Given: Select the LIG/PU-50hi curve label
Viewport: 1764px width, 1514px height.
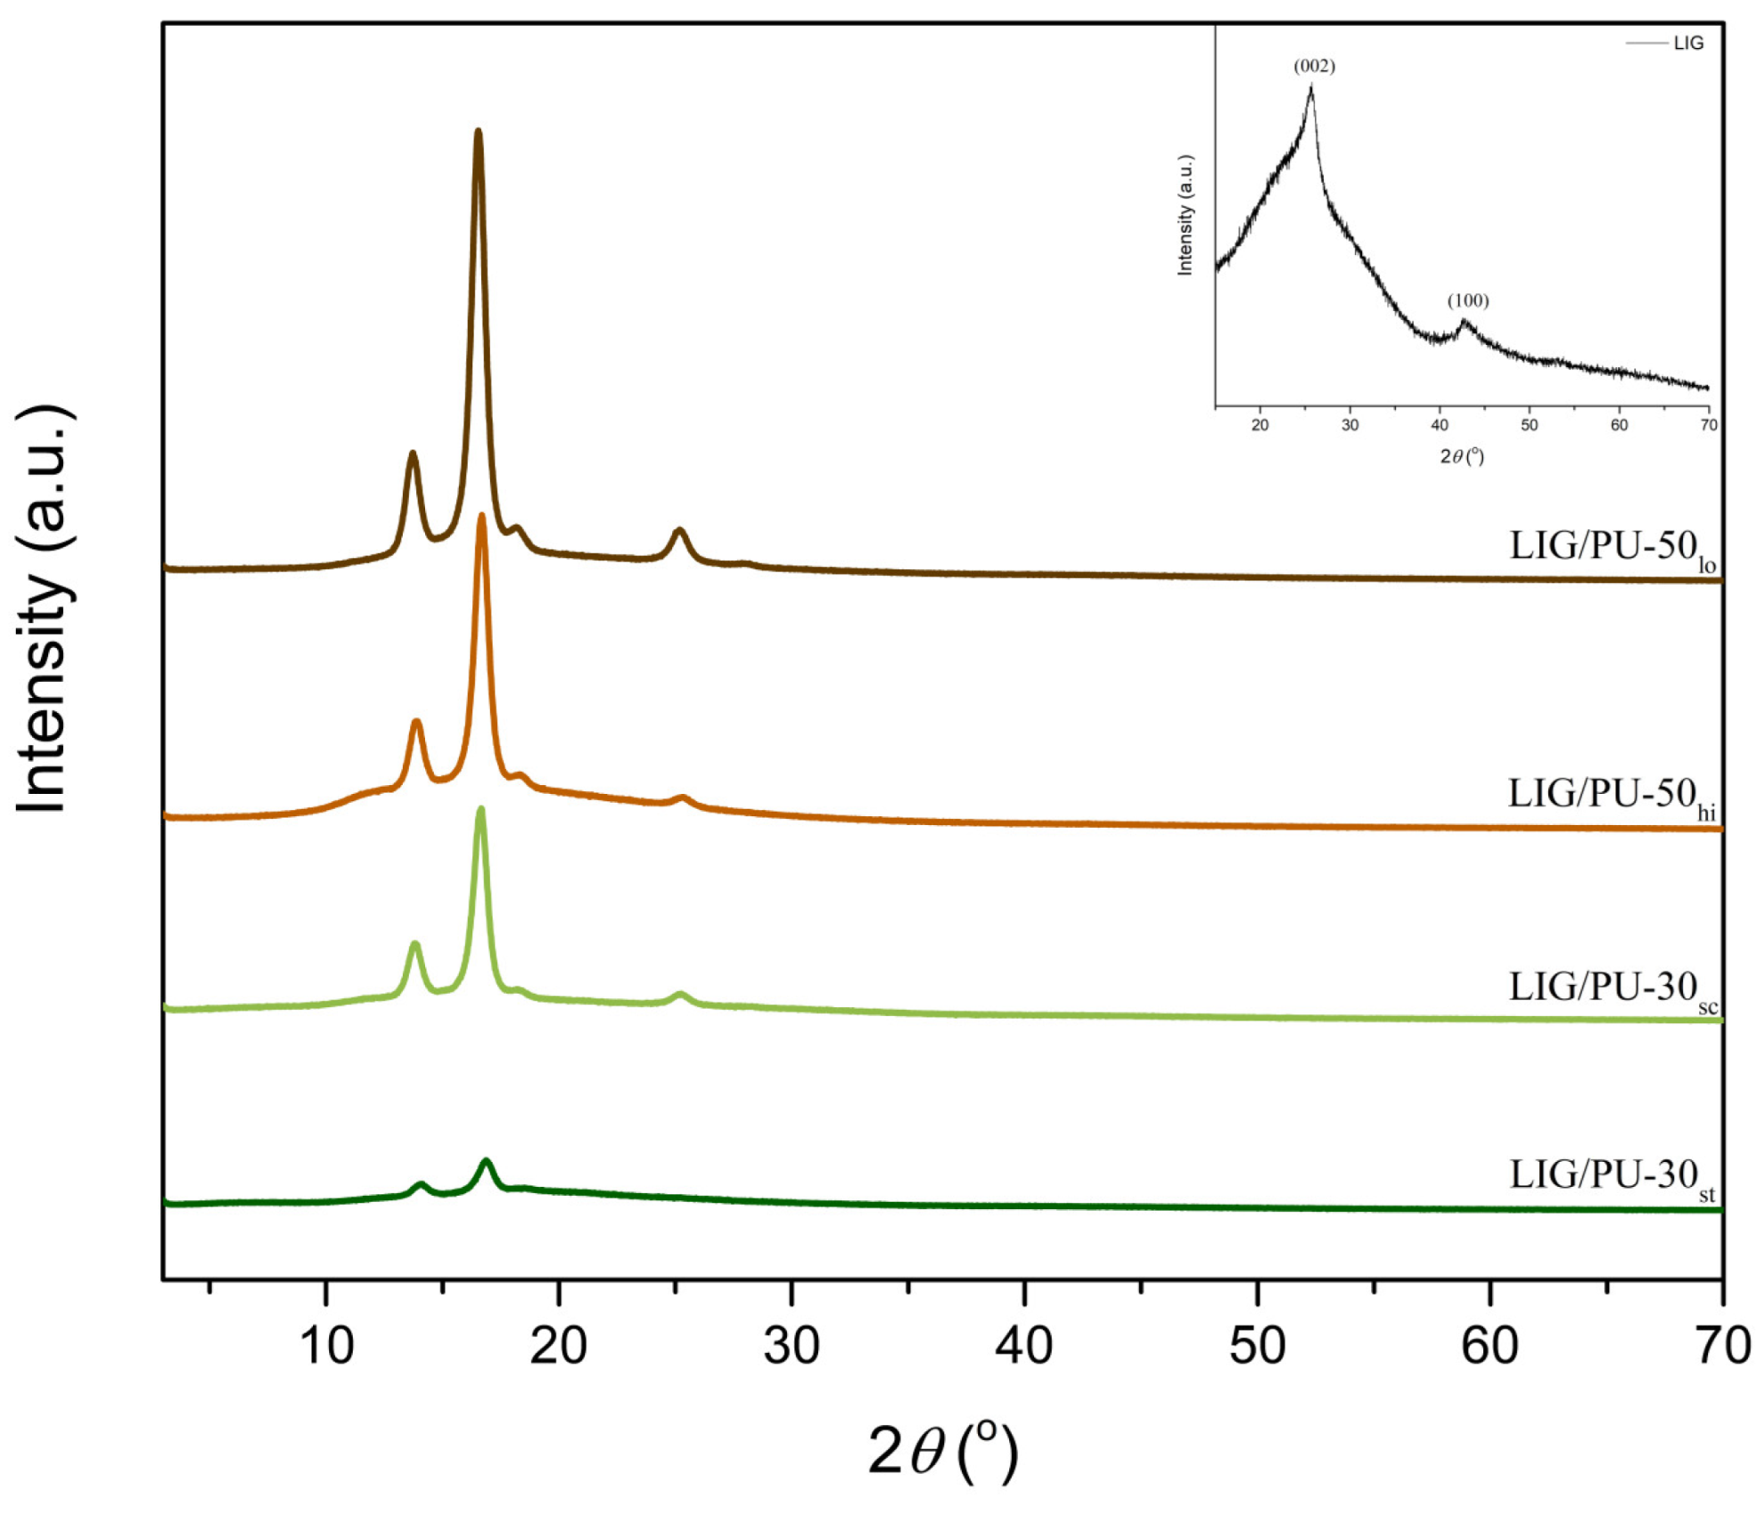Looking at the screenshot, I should tap(1610, 795).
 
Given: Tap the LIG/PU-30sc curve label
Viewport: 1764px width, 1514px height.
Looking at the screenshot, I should tap(1612, 988).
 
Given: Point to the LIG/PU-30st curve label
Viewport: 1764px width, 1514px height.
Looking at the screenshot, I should tap(1611, 1176).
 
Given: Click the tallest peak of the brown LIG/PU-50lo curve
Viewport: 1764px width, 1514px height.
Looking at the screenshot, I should tap(479, 133).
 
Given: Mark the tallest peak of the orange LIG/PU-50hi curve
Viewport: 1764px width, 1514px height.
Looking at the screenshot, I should tap(482, 517).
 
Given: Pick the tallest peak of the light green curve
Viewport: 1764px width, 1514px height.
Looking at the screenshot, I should tap(481, 810).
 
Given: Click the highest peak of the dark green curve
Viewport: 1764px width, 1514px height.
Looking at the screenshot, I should tap(486, 1162).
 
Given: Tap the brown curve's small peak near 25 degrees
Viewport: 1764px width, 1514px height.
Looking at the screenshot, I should tap(679, 531).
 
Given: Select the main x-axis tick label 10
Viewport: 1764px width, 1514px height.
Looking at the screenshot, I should tap(326, 1345).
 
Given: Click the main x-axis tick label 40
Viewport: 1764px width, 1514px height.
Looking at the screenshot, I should tap(1024, 1345).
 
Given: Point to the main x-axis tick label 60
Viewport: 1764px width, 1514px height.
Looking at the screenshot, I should tap(1489, 1345).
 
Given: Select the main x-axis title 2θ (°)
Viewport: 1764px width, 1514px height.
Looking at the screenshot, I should tap(942, 1452).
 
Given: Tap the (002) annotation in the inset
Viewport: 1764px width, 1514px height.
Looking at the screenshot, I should tap(1314, 66).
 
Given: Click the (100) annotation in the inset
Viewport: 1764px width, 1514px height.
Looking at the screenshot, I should tap(1467, 301).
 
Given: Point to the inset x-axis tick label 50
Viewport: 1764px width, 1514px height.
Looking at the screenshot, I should tap(1529, 425).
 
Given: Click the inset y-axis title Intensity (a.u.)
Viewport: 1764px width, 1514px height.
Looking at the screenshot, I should tap(1185, 215).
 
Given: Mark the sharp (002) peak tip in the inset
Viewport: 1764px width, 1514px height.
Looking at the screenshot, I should tap(1310, 87).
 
